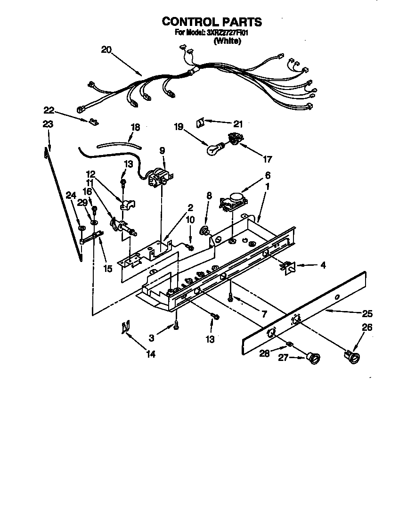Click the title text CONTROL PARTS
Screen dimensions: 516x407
click(x=212, y=22)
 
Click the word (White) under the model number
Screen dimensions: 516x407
click(x=228, y=41)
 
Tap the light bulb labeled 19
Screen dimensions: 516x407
click(x=214, y=149)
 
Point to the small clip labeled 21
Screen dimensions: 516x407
click(x=199, y=122)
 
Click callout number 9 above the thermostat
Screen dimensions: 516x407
click(x=162, y=151)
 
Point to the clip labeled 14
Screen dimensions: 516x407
click(x=125, y=327)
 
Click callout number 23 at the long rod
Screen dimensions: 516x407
click(x=48, y=125)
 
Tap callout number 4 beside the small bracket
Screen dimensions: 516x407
click(x=323, y=265)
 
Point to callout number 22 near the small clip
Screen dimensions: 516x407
click(x=49, y=110)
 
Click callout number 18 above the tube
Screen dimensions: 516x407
click(x=135, y=127)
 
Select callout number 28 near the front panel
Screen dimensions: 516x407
click(x=264, y=353)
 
